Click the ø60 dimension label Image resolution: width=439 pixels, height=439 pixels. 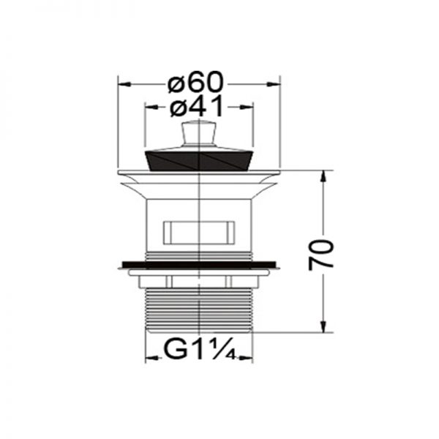point(195,82)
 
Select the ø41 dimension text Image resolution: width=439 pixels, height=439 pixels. point(197,106)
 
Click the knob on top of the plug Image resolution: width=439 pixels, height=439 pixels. point(199,134)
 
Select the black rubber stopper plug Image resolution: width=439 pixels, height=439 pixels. point(199,161)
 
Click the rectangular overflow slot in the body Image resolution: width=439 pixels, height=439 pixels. point(199,233)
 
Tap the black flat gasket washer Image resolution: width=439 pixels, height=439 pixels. point(199,264)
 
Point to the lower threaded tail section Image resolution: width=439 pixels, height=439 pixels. point(199,310)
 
